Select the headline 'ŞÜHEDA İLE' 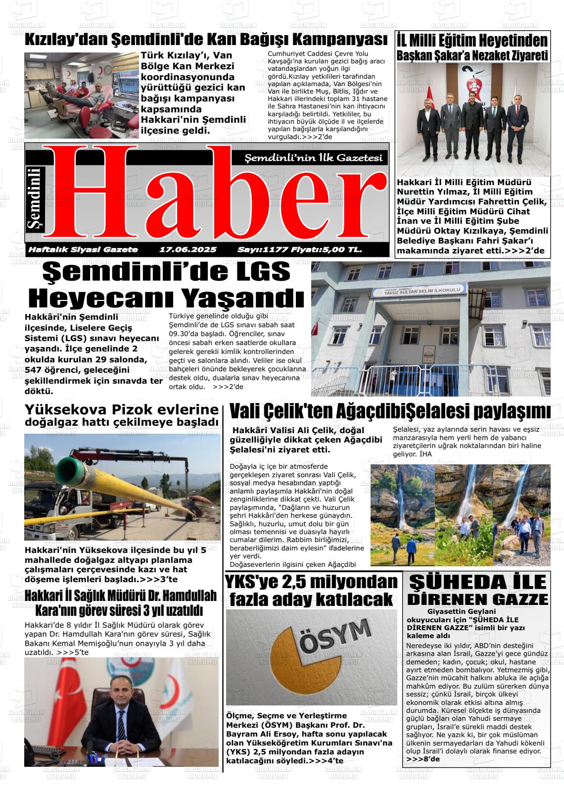click(x=477, y=582)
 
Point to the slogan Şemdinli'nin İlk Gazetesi click(x=314, y=158)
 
